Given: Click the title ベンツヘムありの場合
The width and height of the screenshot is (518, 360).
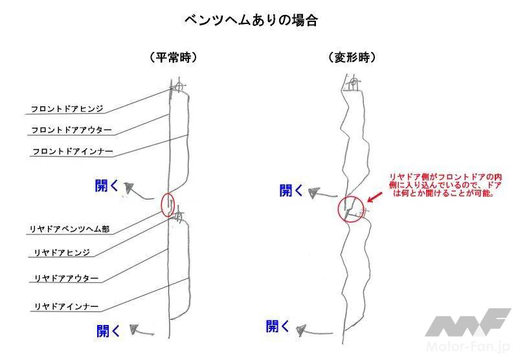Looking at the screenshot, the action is pyautogui.click(x=251, y=20).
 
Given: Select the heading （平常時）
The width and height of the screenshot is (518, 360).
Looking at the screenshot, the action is pyautogui.click(x=174, y=58).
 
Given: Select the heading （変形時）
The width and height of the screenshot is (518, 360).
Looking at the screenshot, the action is pyautogui.click(x=352, y=58).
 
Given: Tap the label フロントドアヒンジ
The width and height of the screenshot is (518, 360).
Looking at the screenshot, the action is pyautogui.click(x=67, y=109).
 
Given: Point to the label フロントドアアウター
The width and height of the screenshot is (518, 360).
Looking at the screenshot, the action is pyautogui.click(x=71, y=129).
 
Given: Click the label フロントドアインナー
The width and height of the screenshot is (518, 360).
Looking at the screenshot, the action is pyautogui.click(x=73, y=152).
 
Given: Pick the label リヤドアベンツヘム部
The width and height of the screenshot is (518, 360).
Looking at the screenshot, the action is pyautogui.click(x=70, y=229).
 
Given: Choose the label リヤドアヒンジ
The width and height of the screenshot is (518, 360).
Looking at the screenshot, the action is pyautogui.click(x=62, y=253).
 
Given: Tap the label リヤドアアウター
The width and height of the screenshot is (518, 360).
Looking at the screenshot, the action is pyautogui.click(x=67, y=278).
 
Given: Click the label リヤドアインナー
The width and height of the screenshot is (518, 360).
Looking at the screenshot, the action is pyautogui.click(x=67, y=306).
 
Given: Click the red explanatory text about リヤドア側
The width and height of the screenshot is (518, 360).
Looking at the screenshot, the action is pyautogui.click(x=445, y=185).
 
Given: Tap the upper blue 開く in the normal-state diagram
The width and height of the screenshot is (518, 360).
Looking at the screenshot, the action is pyautogui.click(x=106, y=186).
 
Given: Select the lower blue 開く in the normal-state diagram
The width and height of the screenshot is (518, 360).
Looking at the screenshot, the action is pyautogui.click(x=108, y=331).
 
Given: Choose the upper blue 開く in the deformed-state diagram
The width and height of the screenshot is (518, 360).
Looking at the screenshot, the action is pyautogui.click(x=291, y=190).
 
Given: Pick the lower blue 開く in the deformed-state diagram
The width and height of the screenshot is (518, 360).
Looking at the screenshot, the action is pyautogui.click(x=278, y=326).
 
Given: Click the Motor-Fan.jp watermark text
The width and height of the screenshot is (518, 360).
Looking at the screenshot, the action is pyautogui.click(x=469, y=346).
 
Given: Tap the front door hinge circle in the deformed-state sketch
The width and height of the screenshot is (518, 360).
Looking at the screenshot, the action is pyautogui.click(x=354, y=83).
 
